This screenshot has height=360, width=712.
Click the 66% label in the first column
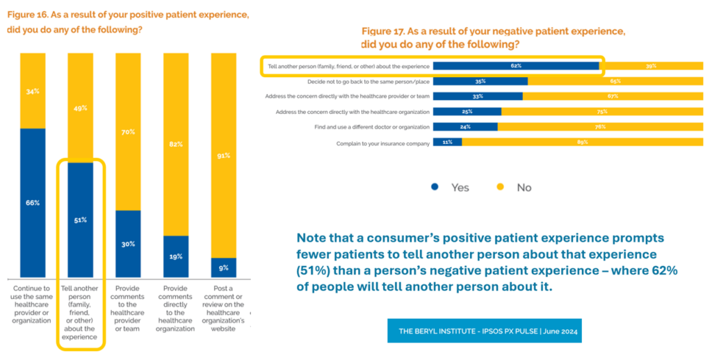click(33, 203)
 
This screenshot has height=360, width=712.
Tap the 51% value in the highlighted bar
click(81, 220)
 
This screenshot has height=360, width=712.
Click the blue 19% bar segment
click(176, 256)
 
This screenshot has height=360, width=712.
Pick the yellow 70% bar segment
click(128, 131)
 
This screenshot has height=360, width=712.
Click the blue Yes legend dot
click(435, 187)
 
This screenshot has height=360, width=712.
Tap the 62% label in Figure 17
click(515, 66)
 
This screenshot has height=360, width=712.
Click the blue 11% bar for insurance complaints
click(447, 142)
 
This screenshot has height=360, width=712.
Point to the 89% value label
click(582, 142)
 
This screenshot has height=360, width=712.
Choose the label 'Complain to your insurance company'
click(382, 142)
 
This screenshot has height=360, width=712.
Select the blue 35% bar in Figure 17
click(480, 81)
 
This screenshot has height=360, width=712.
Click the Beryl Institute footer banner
click(484, 331)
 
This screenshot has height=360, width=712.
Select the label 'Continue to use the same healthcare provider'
click(33, 304)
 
